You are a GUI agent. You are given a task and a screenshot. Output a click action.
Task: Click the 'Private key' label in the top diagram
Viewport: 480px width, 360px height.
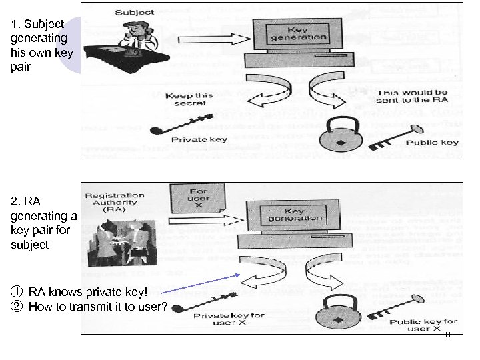(x=199, y=140)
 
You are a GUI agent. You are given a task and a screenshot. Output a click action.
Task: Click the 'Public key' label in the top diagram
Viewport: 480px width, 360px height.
(x=436, y=143)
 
